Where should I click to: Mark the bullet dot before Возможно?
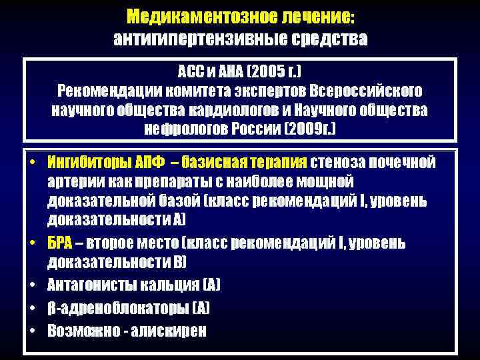(x=32, y=331)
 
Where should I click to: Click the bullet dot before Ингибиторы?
(x=32, y=163)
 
